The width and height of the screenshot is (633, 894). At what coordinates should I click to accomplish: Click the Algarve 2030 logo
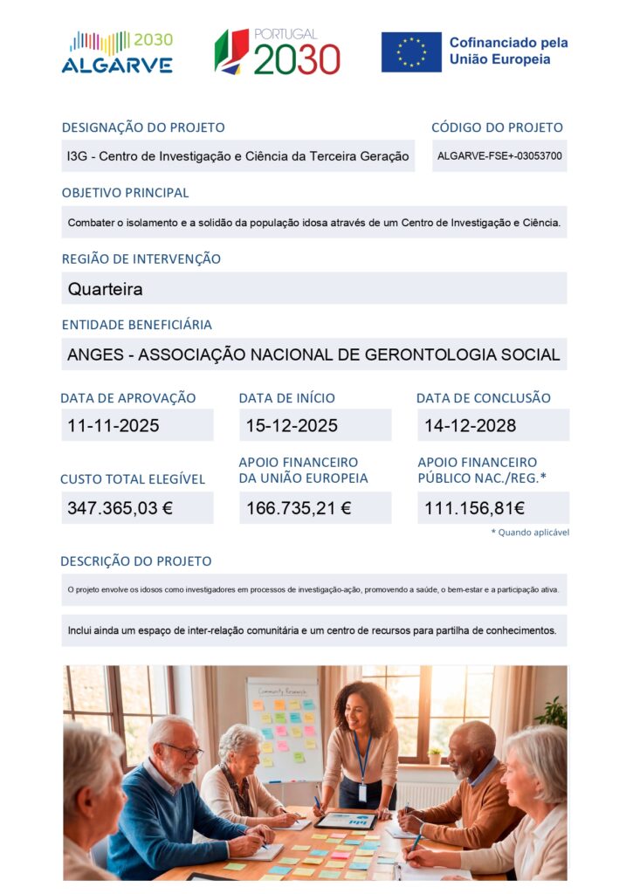(x=117, y=52)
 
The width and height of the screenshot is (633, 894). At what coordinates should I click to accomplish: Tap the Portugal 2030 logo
(x=278, y=52)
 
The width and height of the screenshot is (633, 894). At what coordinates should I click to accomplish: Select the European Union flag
(x=411, y=52)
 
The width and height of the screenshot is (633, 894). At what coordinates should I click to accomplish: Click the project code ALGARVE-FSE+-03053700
(x=499, y=156)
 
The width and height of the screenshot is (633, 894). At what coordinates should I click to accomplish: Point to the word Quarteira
(x=105, y=289)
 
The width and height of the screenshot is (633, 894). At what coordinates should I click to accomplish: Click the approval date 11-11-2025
(x=114, y=426)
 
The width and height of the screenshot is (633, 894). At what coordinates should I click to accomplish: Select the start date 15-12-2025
(x=292, y=426)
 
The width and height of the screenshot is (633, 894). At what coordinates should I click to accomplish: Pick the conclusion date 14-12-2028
(x=470, y=426)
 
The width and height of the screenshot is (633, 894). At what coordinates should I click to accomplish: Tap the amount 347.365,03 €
(x=120, y=508)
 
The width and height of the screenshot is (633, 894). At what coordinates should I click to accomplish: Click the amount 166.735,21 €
(x=299, y=508)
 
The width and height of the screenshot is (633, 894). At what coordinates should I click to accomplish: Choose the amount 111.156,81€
(x=474, y=508)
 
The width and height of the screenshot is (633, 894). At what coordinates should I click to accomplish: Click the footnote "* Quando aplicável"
(x=530, y=532)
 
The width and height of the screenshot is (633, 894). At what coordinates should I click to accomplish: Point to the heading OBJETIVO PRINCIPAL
(x=125, y=193)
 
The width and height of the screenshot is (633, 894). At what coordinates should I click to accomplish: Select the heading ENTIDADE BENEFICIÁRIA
(x=136, y=325)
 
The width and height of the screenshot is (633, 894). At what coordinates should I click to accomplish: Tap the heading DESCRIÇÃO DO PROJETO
(x=135, y=561)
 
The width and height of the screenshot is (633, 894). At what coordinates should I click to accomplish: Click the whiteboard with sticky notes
(x=284, y=729)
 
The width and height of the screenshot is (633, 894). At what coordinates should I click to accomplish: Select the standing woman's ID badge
(x=362, y=792)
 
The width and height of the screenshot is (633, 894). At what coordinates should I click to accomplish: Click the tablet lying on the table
(x=347, y=821)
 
